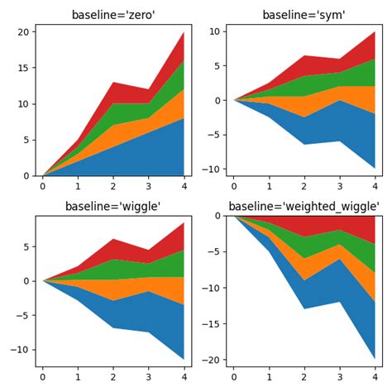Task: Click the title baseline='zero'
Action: click(113, 15)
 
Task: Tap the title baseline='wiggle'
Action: click(113, 206)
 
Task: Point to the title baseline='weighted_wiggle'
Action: click(304, 206)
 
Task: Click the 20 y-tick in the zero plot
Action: click(24, 31)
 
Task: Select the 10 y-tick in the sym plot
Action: click(213, 31)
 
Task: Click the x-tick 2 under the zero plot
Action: click(113, 186)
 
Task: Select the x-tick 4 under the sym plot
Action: click(375, 186)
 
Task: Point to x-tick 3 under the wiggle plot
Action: click(149, 377)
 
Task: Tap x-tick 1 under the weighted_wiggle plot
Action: click(269, 377)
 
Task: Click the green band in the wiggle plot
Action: click(132, 269)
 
